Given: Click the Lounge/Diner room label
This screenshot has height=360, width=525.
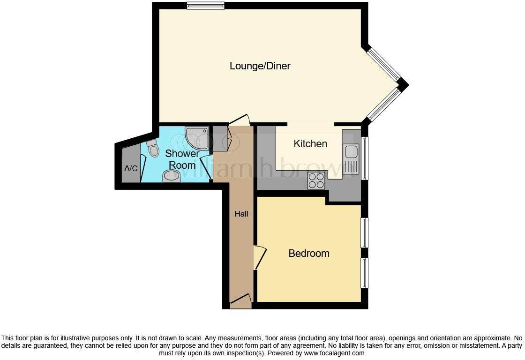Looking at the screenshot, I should tap(260, 66).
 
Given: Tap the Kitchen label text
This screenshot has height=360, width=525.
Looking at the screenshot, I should tap(310, 144).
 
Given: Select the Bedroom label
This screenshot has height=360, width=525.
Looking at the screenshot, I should tap(308, 254).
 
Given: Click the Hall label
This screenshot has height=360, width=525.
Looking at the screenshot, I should tap(241, 214).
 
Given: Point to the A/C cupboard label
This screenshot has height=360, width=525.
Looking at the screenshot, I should tap(131, 168).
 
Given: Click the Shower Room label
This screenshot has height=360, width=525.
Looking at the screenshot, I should tap(182, 159).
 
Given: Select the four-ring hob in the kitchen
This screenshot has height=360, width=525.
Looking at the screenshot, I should tap(316, 180).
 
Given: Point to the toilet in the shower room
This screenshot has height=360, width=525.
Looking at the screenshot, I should tap(153, 148).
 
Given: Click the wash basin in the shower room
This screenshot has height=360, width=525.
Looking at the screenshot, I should tap(172, 177).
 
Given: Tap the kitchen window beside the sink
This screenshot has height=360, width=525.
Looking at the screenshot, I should tap(364, 157).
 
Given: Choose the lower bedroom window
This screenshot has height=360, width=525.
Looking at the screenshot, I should tap(364, 273).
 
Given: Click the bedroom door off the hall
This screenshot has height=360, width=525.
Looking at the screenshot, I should tap(259, 257).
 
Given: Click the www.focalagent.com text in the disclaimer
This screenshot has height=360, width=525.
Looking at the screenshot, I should tap(334, 353).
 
